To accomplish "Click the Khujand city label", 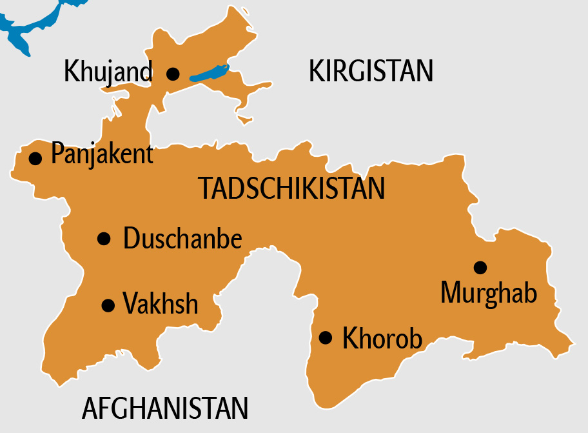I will click(x=108, y=72).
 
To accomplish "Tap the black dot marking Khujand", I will click(x=173, y=74).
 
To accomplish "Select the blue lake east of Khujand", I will click(x=209, y=72).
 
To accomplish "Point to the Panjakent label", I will click(x=102, y=155).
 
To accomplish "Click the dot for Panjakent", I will click(x=36, y=157).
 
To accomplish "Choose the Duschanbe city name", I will click(x=182, y=239).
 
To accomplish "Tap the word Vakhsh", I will click(x=161, y=303).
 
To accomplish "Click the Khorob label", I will click(x=382, y=338).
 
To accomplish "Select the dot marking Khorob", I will click(x=326, y=337).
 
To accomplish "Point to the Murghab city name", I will click(x=489, y=293).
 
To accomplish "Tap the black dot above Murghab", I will click(x=480, y=267).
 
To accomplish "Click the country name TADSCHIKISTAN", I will click(x=291, y=188).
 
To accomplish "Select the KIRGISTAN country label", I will click(x=371, y=71).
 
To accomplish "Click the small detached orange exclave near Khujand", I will click(x=244, y=119).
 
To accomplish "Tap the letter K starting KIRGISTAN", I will click(x=316, y=71).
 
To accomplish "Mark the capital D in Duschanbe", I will click(x=130, y=239).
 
